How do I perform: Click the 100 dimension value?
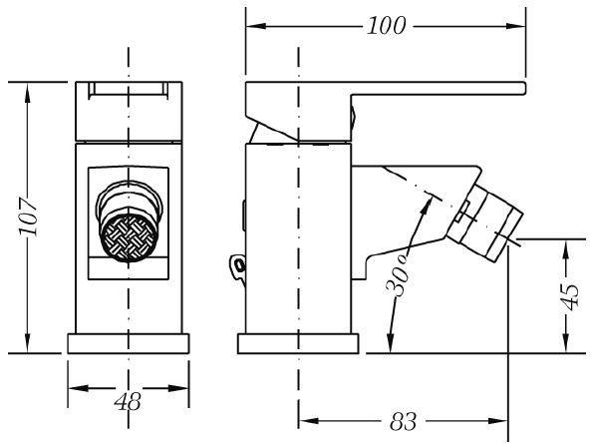click(x=387, y=26)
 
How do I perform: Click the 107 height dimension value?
click(x=29, y=217)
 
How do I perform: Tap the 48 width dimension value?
click(x=129, y=401)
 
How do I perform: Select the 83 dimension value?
click(x=404, y=421)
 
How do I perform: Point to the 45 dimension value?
click(x=569, y=297)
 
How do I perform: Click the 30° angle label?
click(x=398, y=275)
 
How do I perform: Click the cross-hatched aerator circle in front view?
click(x=129, y=237)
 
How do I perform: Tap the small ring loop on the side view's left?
click(x=237, y=266)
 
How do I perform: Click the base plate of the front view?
click(x=129, y=343)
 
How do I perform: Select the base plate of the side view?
click(x=298, y=343)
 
